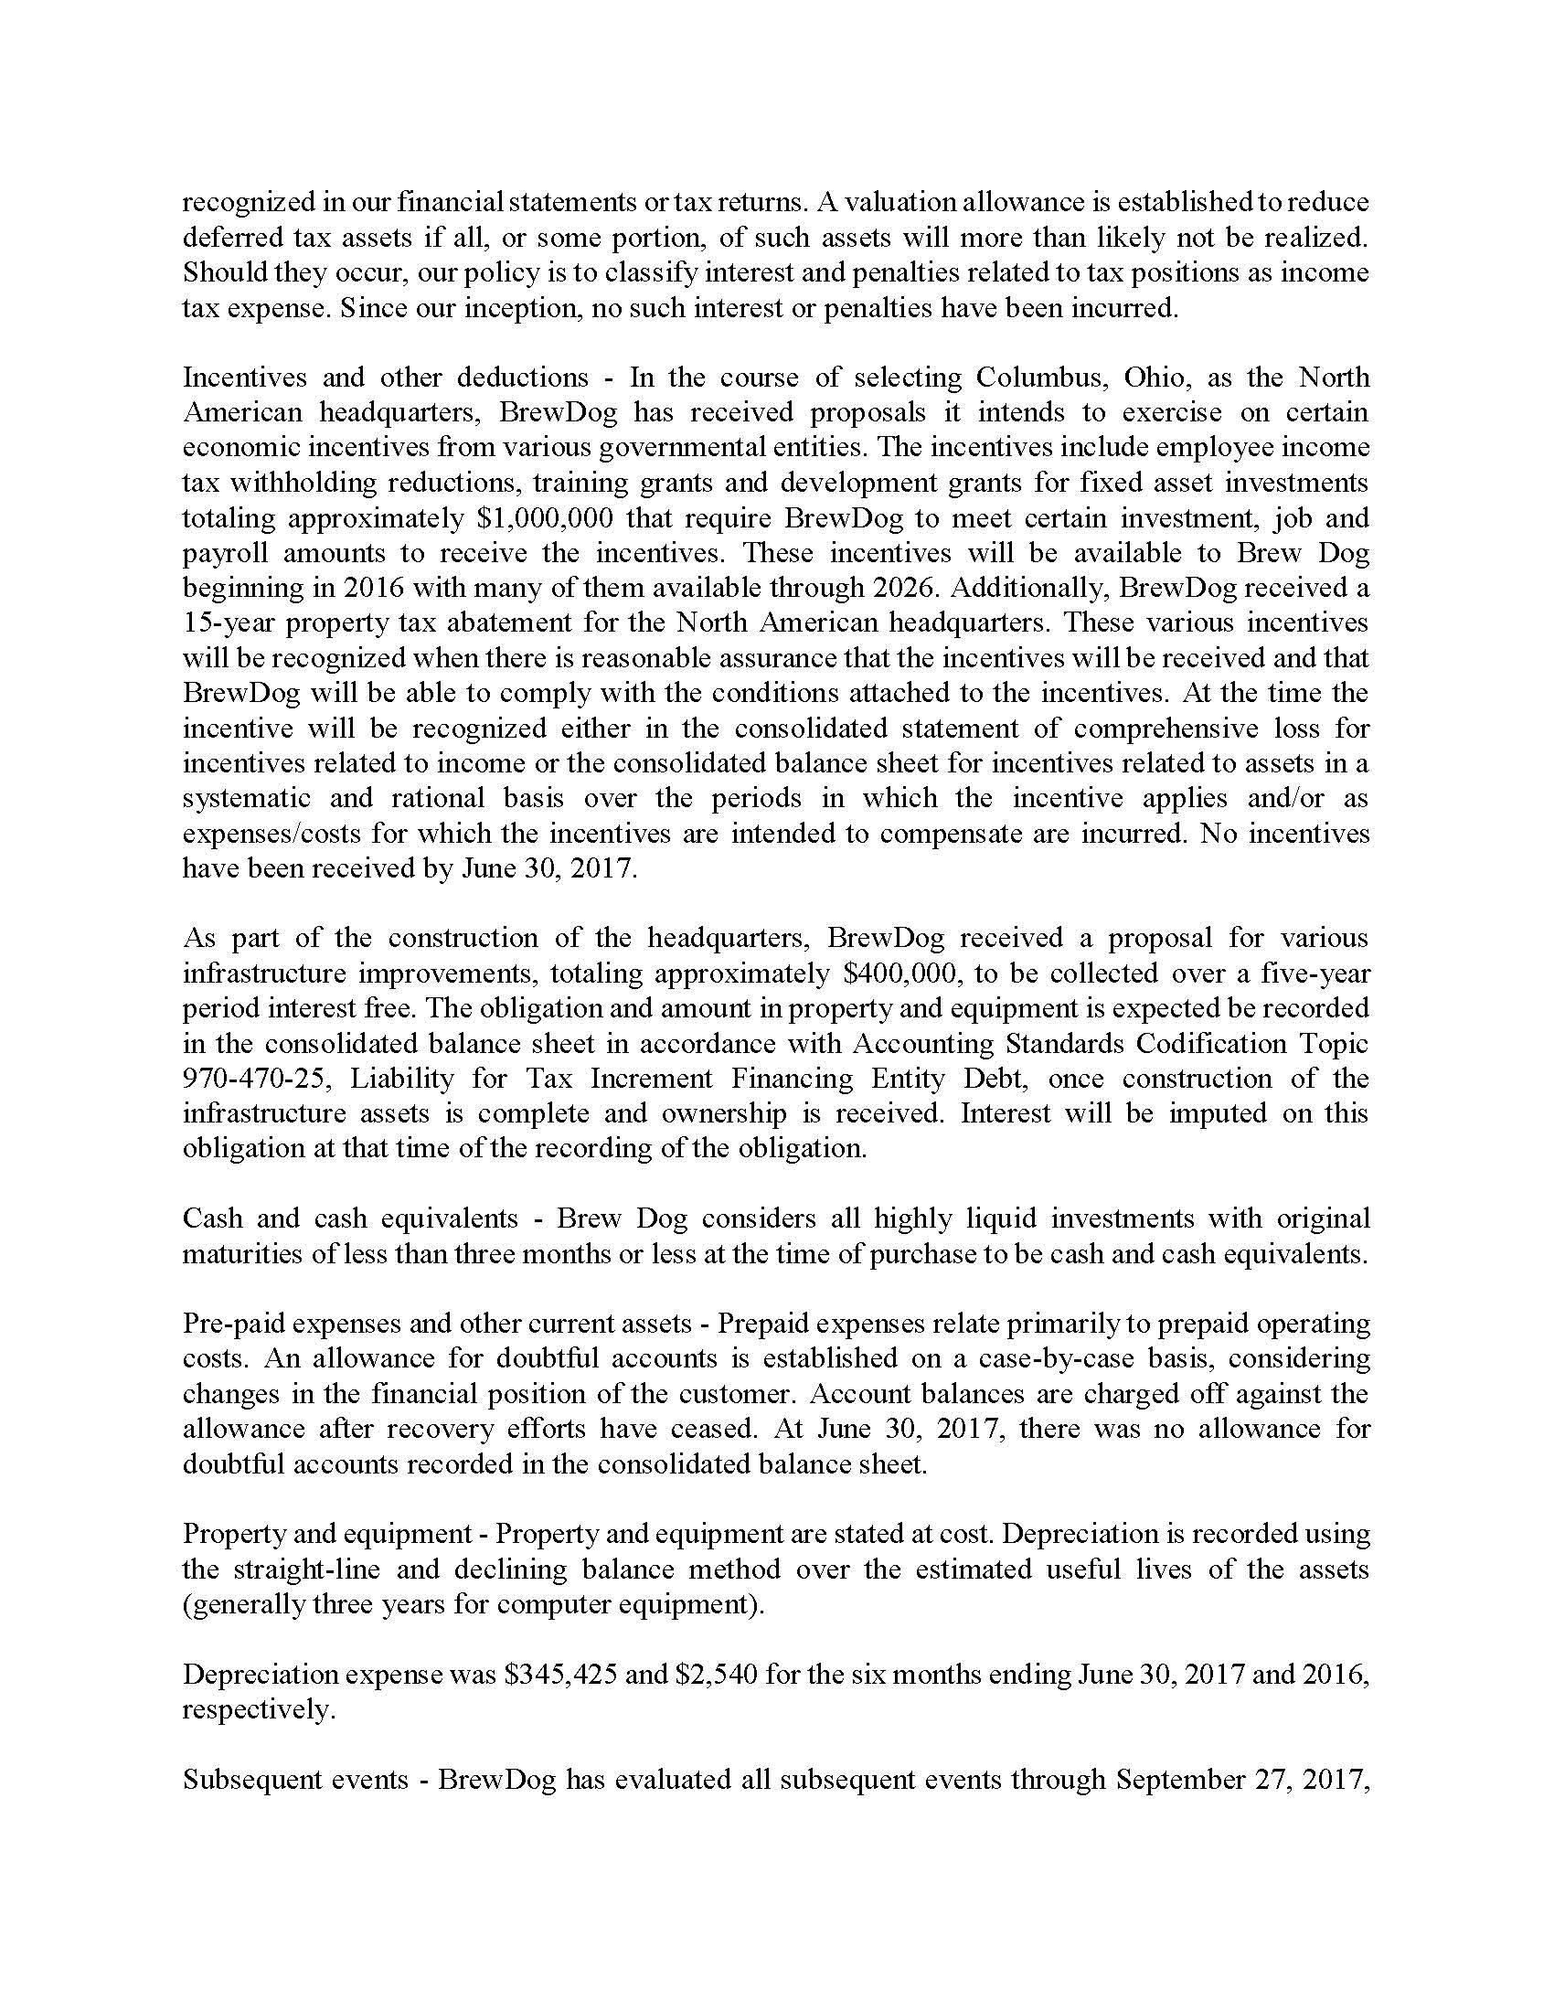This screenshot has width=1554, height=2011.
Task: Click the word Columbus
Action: [1035, 378]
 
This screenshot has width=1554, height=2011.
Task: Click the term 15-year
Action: [228, 623]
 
